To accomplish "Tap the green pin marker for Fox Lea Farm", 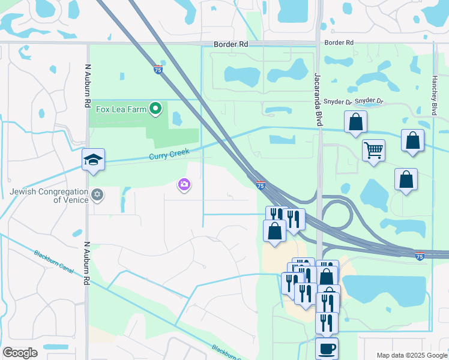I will click(155, 109).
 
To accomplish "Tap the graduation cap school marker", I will click(93, 160).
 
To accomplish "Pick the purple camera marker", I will click(184, 185).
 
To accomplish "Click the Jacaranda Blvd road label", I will click(318, 99).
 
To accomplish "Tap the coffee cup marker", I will click(327, 348).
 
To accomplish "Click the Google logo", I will click(20, 353).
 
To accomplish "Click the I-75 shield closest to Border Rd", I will click(158, 69).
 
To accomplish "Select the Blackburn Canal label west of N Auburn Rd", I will click(54, 262).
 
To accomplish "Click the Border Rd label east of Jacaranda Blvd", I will click(339, 43).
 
